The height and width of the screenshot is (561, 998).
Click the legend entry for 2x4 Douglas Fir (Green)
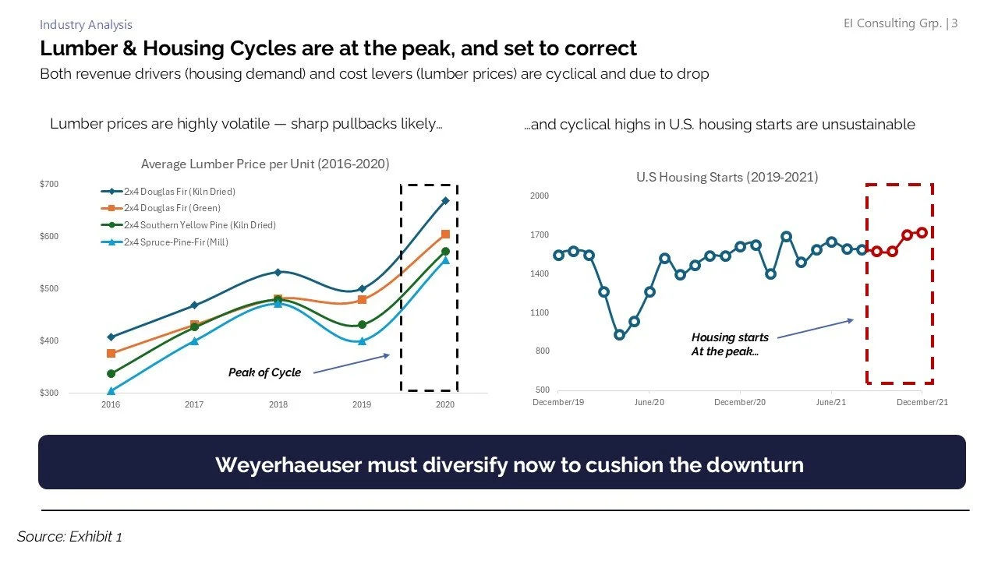pos(172,208)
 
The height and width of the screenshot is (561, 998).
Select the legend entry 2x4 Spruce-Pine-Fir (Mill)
pos(175,242)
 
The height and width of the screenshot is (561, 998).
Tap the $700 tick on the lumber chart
pos(48,184)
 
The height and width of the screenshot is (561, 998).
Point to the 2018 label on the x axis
pos(278,404)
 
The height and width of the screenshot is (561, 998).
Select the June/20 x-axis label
pos(649,402)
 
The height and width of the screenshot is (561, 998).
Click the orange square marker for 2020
pos(444,235)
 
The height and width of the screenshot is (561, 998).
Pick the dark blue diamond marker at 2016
pos(111,337)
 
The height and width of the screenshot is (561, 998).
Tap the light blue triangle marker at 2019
pos(361,341)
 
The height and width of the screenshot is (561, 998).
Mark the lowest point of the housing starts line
pos(619,335)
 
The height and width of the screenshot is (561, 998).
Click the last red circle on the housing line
pos(922,232)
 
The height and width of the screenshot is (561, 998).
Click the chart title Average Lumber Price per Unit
pos(265,164)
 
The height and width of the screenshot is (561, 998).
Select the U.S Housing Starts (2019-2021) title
pos(727,177)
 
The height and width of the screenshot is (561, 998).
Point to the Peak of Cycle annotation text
pos(264,372)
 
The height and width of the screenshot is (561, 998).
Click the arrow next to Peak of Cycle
pos(351,364)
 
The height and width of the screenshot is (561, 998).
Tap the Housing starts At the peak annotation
pos(729,344)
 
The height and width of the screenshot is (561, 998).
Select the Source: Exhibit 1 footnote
pos(69,536)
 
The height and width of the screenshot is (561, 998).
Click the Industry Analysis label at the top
pos(86,25)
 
